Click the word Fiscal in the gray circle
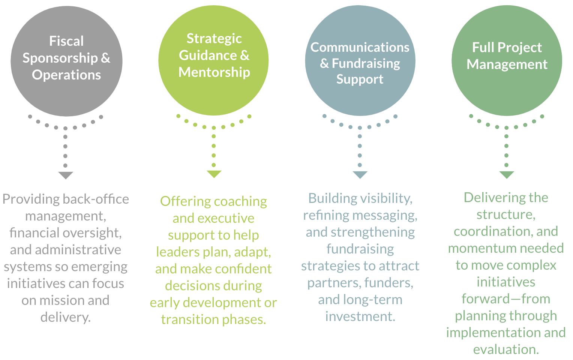(x=66, y=41)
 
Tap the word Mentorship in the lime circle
(x=214, y=72)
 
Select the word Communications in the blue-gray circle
(x=360, y=47)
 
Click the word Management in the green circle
(x=507, y=64)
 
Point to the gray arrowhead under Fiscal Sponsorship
(x=66, y=175)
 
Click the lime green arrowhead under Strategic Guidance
(x=214, y=174)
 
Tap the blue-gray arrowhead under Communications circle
(x=360, y=175)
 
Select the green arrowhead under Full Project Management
(x=507, y=175)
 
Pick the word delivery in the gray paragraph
(x=65, y=317)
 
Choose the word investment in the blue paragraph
(x=360, y=316)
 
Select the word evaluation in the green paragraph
(x=506, y=349)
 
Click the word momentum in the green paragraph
(x=475, y=248)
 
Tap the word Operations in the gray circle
(x=66, y=75)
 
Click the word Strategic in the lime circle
(x=214, y=38)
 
